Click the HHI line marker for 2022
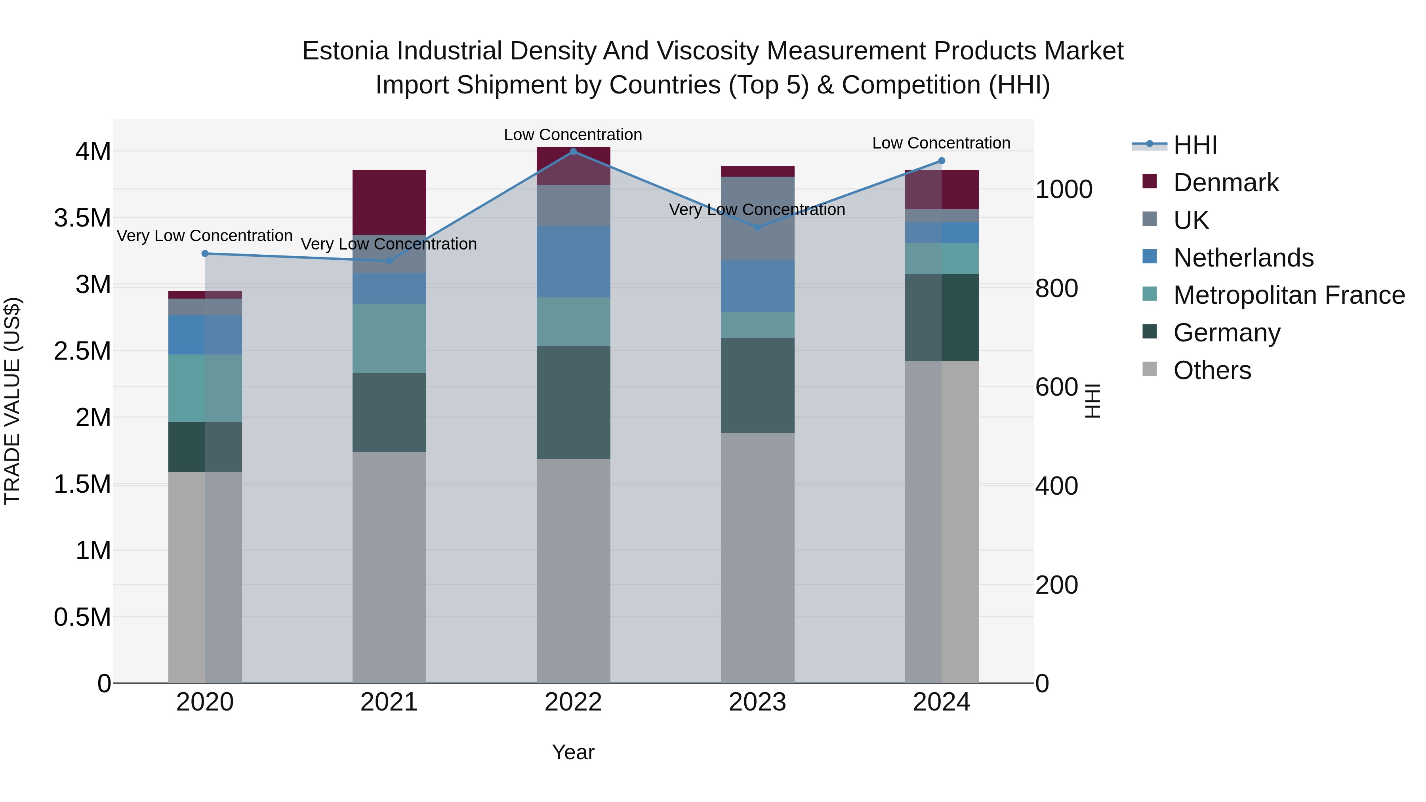tap(573, 151)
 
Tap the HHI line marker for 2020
tap(205, 253)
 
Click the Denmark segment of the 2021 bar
tap(389, 202)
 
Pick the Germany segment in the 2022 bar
tap(573, 402)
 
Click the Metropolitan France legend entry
tap(1288, 295)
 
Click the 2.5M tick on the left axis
tap(82, 351)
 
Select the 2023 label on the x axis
tap(757, 702)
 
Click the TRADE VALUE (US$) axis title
tap(12, 401)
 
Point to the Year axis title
tap(573, 752)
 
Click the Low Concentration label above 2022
tap(573, 135)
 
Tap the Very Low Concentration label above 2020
tap(204, 236)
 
